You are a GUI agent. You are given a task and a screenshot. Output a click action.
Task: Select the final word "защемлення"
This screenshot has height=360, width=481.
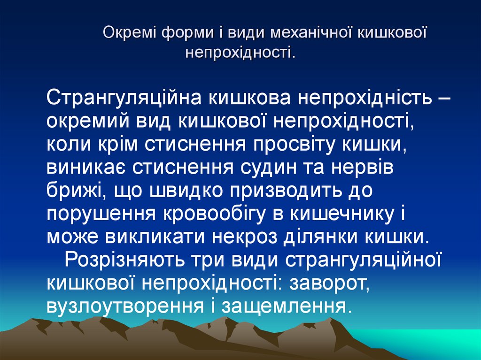[286, 305]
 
